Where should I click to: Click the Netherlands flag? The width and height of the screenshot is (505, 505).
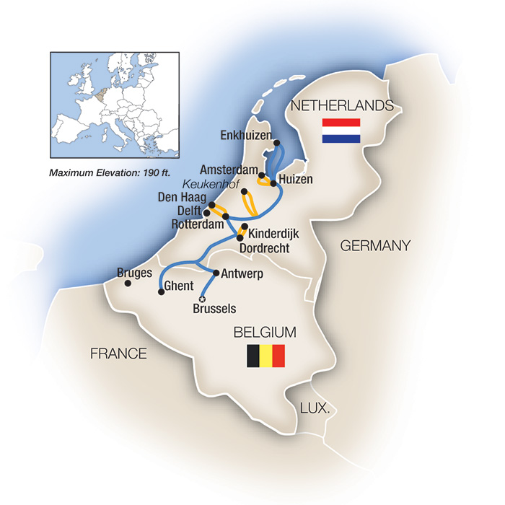pos(341,130)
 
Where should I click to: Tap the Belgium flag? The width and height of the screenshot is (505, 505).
pos(266,356)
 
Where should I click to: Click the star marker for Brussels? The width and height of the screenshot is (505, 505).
pos(202,299)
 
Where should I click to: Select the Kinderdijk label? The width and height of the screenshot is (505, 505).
pos(273,234)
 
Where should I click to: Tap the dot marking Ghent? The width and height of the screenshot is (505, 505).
pos(160,292)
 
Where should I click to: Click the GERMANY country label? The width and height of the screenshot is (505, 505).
pos(374,245)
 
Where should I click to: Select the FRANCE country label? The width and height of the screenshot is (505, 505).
pos(118,353)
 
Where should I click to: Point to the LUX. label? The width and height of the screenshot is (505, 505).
pos(315,408)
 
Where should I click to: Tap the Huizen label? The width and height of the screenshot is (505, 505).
pos(295,180)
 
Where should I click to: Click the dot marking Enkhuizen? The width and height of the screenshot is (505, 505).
pos(277,143)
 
